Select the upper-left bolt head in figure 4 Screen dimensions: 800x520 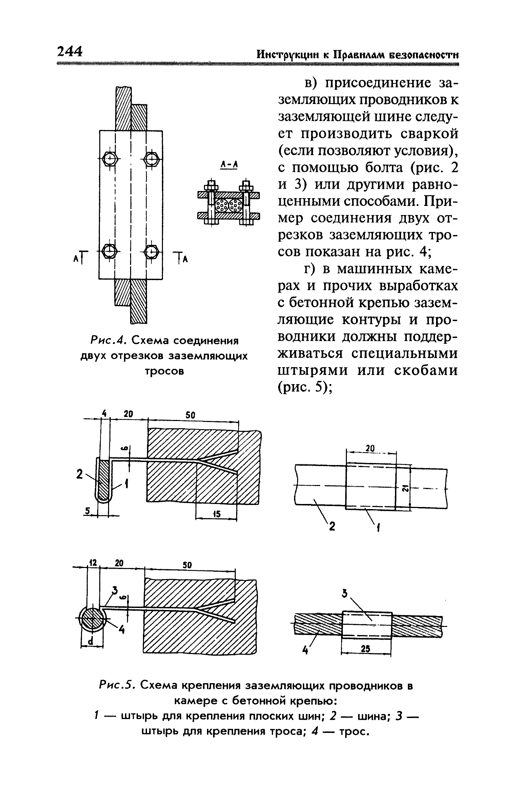tap(110, 158)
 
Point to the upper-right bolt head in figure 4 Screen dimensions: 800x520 tap(151, 158)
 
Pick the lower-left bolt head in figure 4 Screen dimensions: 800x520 tap(110, 251)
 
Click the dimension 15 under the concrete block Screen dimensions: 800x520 tap(217, 514)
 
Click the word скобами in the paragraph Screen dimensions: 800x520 tap(427, 371)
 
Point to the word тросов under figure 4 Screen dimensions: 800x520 tap(165, 371)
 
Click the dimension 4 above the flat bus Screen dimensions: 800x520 tap(105, 414)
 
